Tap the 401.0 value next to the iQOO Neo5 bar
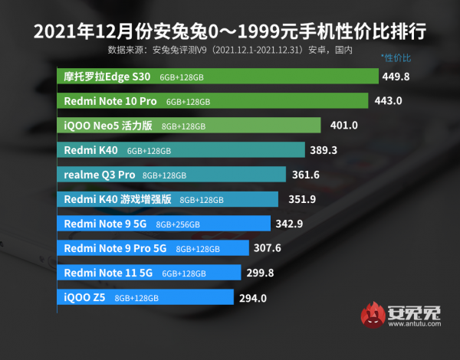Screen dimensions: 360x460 (344, 126)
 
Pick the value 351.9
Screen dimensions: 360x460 (299, 199)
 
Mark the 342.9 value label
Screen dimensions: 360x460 (291, 224)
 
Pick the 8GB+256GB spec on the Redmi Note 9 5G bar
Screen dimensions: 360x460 (177, 224)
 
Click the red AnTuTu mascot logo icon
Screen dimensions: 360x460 (373, 315)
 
